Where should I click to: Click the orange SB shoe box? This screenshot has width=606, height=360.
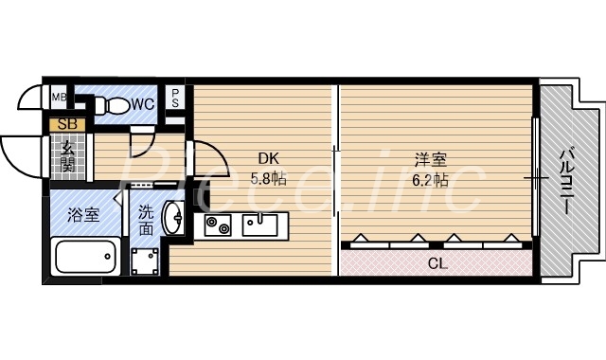click(x=68, y=123)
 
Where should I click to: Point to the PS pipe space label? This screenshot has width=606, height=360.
click(x=176, y=99)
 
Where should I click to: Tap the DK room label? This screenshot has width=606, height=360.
click(x=268, y=159)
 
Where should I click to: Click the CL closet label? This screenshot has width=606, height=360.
click(x=437, y=262)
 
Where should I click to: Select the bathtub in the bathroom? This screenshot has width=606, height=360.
click(x=85, y=257)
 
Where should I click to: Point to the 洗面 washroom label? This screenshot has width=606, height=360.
click(x=146, y=221)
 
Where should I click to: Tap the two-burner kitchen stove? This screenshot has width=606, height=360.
click(x=219, y=225)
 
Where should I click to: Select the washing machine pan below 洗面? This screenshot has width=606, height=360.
click(x=146, y=259)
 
